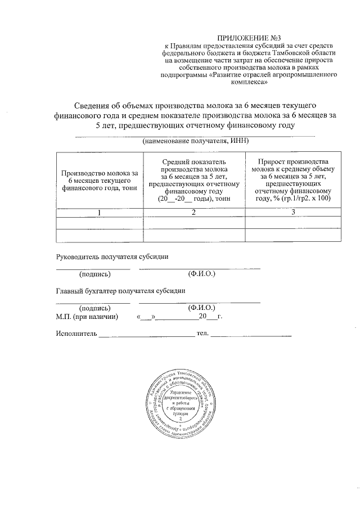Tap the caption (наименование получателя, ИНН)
[x=195, y=141]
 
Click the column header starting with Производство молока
[x=100, y=180]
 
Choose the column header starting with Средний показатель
[x=195, y=180]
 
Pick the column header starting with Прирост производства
[x=292, y=180]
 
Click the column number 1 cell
[x=100, y=213]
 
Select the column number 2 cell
[x=194, y=213]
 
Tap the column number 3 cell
[x=292, y=213]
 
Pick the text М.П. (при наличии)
[x=87, y=317]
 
